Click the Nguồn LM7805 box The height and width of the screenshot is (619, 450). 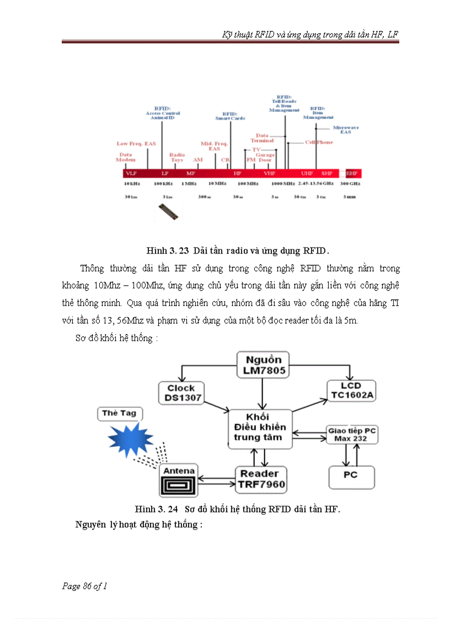pos(264,365)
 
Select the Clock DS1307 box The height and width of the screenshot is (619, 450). pos(181,393)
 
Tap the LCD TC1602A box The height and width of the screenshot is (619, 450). pos(351,390)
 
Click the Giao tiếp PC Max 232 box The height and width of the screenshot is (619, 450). pos(352,434)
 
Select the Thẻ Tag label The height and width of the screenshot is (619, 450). pos(119,413)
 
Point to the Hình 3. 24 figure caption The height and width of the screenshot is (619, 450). pos(238,509)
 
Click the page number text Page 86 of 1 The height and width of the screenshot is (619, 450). pos(84,586)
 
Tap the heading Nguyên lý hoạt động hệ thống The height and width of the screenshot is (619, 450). pos(139,524)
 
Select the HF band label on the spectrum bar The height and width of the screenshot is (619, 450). pos(238,173)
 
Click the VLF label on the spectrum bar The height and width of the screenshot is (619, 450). pos(131,173)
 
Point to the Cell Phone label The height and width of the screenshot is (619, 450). pos(319,142)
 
